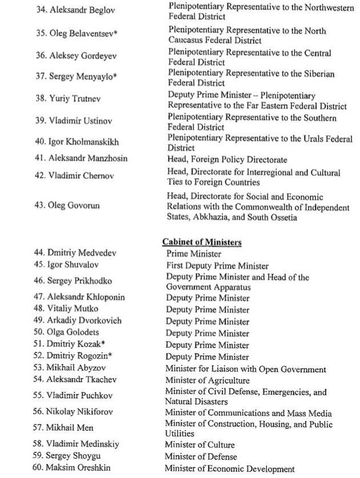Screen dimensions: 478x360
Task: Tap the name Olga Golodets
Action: [71, 333]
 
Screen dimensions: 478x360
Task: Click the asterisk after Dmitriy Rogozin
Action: [110, 356]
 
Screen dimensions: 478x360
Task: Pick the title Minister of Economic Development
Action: [222, 469]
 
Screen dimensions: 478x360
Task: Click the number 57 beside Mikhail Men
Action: [39, 427]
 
